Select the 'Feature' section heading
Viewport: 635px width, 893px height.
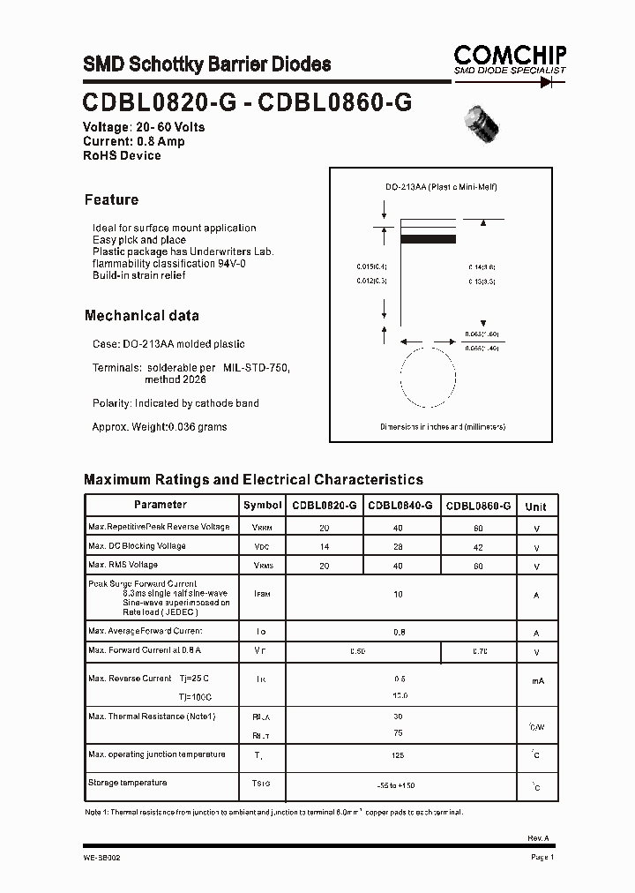pyautogui.click(x=111, y=199)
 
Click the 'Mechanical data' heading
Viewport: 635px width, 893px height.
pyautogui.click(x=141, y=315)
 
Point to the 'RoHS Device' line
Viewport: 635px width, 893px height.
pyautogui.click(x=122, y=155)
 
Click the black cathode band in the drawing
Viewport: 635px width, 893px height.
pyautogui.click(x=428, y=238)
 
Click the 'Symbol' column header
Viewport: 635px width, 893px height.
pyautogui.click(x=263, y=506)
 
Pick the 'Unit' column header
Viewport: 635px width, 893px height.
pyautogui.click(x=535, y=507)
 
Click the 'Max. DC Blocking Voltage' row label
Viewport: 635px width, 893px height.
pyautogui.click(x=137, y=545)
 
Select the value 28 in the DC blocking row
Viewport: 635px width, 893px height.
pyautogui.click(x=399, y=547)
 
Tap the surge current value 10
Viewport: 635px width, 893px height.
pyautogui.click(x=399, y=594)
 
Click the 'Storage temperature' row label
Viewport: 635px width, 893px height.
pyautogui.click(x=127, y=783)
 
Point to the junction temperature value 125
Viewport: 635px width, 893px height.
pyautogui.click(x=399, y=755)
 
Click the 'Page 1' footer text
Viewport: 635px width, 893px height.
pyautogui.click(x=542, y=857)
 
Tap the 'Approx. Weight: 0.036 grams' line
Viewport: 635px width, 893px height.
pyautogui.click(x=160, y=427)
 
